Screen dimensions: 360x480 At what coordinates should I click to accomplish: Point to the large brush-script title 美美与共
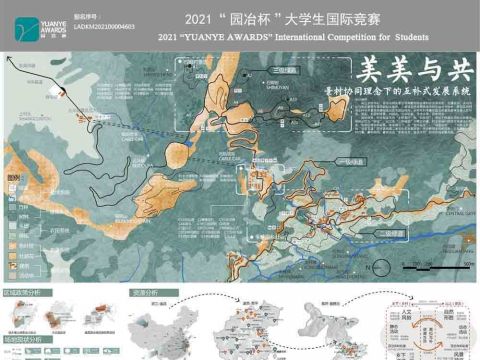tap(414, 72)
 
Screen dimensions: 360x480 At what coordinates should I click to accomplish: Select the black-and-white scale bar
tap(433, 263)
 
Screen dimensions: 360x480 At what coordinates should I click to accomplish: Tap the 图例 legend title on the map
tap(13, 177)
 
